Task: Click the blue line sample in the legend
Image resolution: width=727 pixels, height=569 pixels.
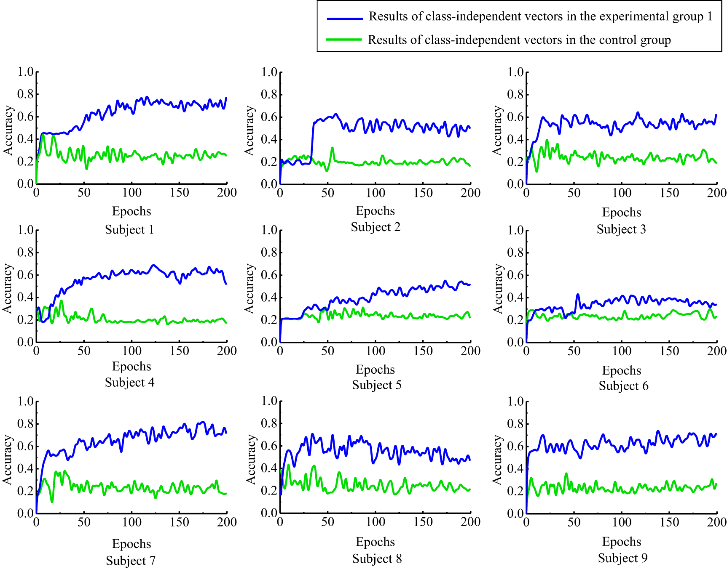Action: (x=345, y=19)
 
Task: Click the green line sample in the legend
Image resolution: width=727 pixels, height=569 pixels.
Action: (x=344, y=40)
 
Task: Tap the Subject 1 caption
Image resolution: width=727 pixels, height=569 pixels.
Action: (x=129, y=230)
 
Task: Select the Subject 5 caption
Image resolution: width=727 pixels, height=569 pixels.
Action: (x=377, y=385)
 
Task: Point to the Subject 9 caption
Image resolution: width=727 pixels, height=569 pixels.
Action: (x=622, y=558)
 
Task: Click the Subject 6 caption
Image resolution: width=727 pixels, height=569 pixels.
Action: (x=623, y=386)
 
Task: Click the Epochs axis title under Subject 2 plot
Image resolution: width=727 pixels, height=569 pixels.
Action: (x=375, y=211)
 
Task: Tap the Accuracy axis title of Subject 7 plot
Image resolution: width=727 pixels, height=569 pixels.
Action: (x=8, y=460)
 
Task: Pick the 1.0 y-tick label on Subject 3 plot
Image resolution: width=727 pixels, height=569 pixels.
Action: (x=515, y=72)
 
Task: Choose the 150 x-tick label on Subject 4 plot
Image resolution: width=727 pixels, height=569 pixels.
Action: (x=179, y=351)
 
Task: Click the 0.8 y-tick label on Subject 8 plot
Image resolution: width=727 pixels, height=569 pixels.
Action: (x=269, y=423)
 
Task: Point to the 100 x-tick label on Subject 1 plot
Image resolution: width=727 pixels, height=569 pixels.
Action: (x=131, y=193)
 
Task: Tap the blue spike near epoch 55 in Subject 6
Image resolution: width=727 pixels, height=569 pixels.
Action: (x=578, y=295)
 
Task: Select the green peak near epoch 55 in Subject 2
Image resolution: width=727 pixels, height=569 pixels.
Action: (x=333, y=148)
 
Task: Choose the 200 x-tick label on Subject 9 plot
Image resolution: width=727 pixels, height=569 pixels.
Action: (x=716, y=522)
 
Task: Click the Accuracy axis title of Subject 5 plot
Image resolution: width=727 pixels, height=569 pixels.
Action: (x=250, y=289)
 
